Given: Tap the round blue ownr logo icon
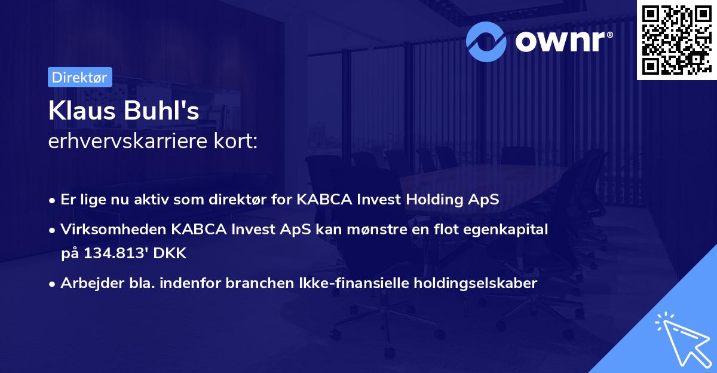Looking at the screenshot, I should click(x=486, y=41).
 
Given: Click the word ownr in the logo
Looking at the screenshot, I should click(x=562, y=41).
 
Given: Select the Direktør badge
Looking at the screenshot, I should click(x=79, y=77).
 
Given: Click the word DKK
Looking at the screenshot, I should click(x=171, y=253).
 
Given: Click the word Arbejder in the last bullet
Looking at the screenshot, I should click(x=87, y=283).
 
